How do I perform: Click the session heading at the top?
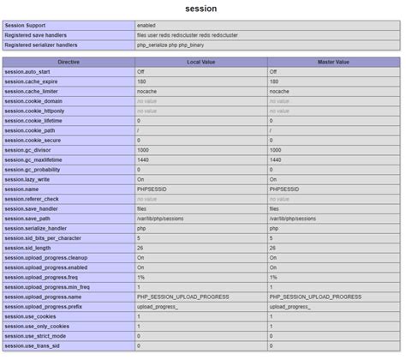202,9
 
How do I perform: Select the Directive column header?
69,63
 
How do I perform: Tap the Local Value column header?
200,63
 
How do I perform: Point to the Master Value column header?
333,63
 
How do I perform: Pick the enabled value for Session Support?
146,26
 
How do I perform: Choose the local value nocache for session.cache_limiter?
148,92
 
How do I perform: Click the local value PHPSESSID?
152,189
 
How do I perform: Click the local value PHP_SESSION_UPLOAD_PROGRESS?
179,296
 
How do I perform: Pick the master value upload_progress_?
290,306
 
